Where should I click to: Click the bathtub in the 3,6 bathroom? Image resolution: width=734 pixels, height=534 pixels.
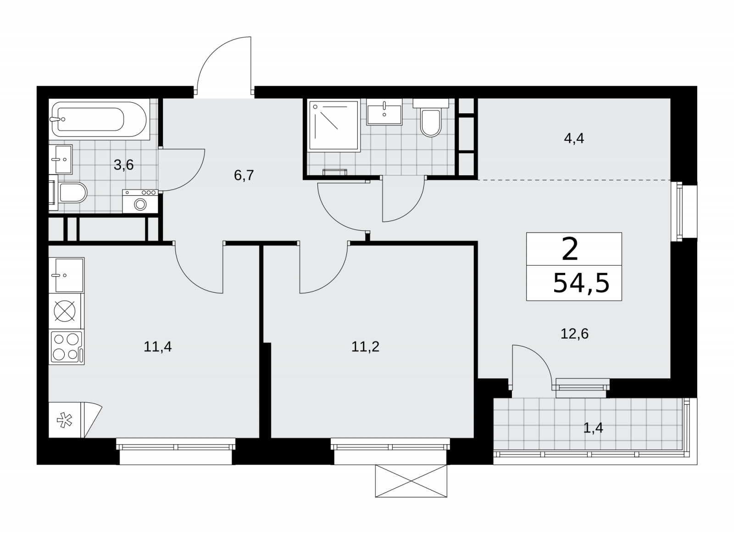[99, 119]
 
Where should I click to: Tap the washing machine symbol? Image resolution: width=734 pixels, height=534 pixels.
[140, 201]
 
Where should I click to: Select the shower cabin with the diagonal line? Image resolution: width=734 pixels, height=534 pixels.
[334, 125]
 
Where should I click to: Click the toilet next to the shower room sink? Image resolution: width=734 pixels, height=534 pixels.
[431, 118]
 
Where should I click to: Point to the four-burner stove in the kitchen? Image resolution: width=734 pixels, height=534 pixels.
[67, 347]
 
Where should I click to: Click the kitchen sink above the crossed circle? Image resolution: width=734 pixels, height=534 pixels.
[67, 275]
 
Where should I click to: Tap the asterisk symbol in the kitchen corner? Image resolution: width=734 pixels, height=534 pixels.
[65, 421]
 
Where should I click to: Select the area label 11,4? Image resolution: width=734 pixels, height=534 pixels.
[158, 347]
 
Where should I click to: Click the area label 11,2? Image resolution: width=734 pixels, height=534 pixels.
[365, 347]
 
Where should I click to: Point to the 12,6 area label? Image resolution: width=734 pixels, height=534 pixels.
[574, 334]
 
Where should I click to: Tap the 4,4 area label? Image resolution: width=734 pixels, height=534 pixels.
[574, 139]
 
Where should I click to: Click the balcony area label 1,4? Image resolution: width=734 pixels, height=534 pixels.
[593, 428]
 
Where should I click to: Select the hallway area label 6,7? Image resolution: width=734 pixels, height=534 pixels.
[244, 175]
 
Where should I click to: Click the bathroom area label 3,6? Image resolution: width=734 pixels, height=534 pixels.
[123, 165]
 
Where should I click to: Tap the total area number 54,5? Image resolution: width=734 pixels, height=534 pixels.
[581, 283]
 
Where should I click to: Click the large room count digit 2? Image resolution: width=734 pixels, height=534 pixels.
[570, 250]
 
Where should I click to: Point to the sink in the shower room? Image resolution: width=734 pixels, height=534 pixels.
[384, 111]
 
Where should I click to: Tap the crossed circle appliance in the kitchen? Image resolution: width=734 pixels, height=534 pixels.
[65, 311]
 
